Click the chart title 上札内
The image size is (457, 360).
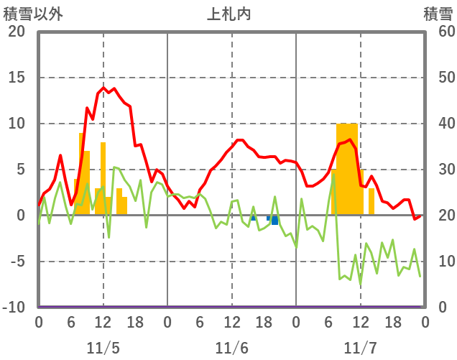[x=229, y=14]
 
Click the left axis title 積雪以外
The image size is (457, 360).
[x=32, y=14]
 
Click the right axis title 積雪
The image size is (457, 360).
[x=438, y=14]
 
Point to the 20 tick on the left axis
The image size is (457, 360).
[x=17, y=32]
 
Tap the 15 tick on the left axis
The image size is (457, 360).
[x=17, y=78]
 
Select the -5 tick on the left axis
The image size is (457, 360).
[x=17, y=262]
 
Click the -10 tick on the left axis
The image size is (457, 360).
[x=14, y=308]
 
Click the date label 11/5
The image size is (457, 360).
[x=103, y=348]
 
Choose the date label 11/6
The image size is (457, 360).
[x=231, y=348]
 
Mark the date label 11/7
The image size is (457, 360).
[x=360, y=348]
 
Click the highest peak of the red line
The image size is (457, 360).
[x=103, y=88]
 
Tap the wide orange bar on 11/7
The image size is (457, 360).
[x=347, y=169]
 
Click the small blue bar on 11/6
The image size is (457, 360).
[x=274, y=220]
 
